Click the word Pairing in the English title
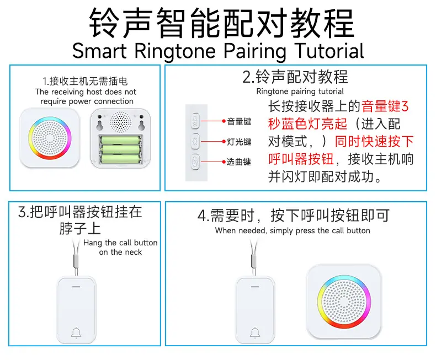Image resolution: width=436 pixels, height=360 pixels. click(255, 51)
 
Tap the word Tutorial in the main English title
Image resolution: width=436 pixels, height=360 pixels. click(329, 51)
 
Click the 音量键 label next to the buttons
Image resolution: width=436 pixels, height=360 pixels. click(239, 121)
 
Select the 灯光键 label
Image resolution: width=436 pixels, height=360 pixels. click(239, 142)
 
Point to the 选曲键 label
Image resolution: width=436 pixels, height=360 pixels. click(239, 162)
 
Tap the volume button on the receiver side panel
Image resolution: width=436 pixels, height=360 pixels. click(195, 121)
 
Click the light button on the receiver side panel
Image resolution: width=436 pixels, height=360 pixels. click(195, 141)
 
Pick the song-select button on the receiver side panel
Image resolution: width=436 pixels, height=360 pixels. click(195, 162)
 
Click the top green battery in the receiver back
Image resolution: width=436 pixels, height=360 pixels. click(120, 140)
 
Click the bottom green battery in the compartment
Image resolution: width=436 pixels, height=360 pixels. click(120, 159)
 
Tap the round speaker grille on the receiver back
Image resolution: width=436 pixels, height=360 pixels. click(120, 122)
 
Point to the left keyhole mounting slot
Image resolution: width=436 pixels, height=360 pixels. click(99, 122)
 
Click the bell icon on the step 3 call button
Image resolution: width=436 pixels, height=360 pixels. click(76, 333)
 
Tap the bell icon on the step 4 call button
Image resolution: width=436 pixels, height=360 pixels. click(255, 333)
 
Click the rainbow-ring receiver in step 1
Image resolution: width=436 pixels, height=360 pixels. click(50, 138)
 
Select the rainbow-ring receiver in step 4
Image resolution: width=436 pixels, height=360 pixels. click(344, 302)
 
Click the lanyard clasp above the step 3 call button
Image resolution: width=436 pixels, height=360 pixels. click(76, 260)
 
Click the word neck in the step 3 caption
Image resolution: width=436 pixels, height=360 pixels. click(134, 252)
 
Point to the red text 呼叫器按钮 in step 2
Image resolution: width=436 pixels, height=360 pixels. click(301, 159)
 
